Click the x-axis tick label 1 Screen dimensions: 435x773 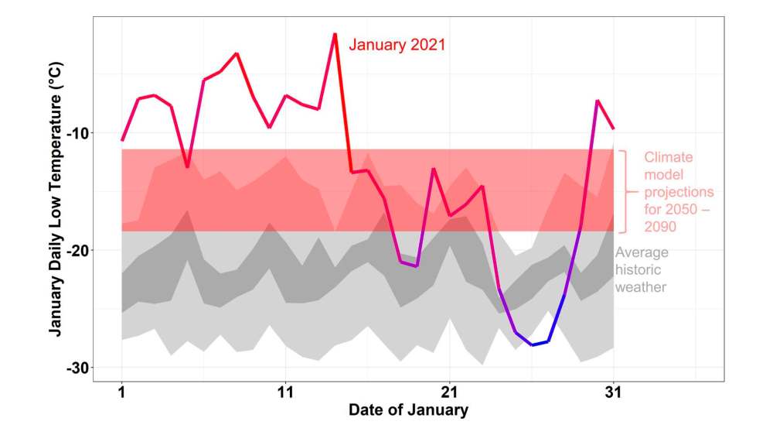point(121,392)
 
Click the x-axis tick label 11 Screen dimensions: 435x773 point(286,392)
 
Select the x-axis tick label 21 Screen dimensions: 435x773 point(449,392)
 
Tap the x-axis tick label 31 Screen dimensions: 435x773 point(613,392)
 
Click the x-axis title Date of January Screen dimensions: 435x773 point(408,410)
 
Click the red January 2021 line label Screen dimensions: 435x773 point(397,45)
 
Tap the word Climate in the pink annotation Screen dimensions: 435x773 point(669,157)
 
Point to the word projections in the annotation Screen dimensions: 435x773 point(679,192)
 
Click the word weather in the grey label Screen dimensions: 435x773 point(641,287)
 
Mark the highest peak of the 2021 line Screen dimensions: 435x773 point(335,34)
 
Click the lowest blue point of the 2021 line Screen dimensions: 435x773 point(532,344)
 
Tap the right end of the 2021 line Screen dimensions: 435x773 point(613,128)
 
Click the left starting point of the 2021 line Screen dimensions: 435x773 point(121,140)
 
